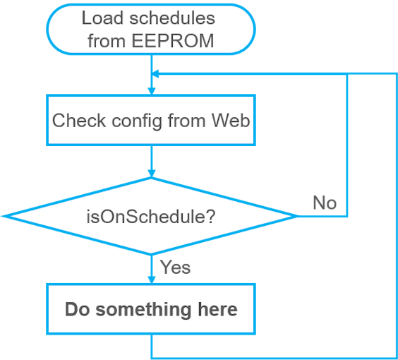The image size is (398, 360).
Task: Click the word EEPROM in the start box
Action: [173, 41]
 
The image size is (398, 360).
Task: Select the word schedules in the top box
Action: [172, 18]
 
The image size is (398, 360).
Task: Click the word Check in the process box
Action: [79, 120]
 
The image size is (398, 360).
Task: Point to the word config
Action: [137, 121]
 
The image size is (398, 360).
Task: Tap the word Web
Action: [231, 120]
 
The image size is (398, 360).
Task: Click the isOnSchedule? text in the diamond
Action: [151, 217]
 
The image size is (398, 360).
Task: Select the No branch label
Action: [325, 203]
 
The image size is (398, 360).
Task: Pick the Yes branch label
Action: [175, 268]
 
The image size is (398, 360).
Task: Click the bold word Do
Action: [78, 309]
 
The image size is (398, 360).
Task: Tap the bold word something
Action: [143, 311]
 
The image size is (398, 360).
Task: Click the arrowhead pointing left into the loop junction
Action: [155, 74]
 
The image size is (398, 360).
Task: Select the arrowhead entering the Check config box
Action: [152, 91]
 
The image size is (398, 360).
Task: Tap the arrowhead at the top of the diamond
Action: [152, 174]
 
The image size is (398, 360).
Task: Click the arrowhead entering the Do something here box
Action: [152, 280]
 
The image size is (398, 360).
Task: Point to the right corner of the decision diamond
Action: [298, 216]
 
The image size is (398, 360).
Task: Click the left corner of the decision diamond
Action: [4, 216]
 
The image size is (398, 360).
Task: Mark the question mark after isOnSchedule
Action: [211, 216]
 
